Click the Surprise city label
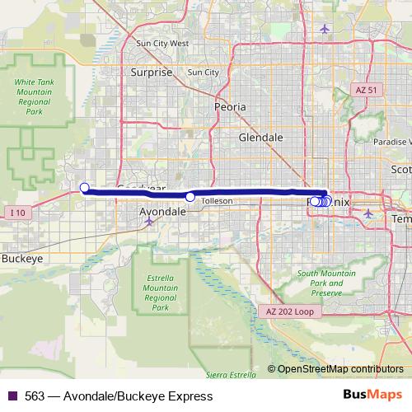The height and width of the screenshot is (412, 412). (152, 73)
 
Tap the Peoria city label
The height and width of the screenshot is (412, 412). (230, 107)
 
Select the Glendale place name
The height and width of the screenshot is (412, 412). (260, 138)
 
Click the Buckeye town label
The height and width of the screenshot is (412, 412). (22, 258)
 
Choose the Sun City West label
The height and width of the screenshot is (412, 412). (162, 44)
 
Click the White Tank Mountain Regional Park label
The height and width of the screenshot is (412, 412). (34, 96)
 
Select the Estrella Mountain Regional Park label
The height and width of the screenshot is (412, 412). (155, 292)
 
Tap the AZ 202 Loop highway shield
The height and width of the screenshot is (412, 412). (291, 311)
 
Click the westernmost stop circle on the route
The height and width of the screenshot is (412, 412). (84, 188)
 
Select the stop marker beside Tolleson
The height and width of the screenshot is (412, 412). (190, 197)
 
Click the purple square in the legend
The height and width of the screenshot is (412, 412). (12, 396)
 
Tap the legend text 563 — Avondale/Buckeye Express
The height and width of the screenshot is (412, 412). (119, 396)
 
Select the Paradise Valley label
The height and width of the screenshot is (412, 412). (392, 142)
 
